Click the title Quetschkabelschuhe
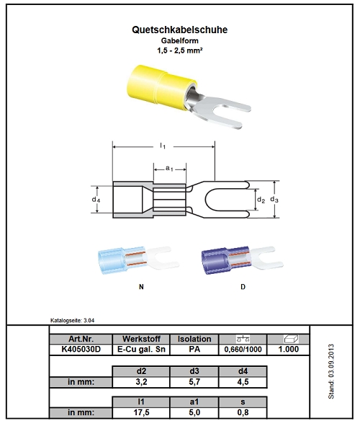click(179, 30)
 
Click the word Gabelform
click(179, 41)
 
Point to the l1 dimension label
click(163, 146)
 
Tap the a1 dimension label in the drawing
click(169, 169)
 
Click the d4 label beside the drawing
click(96, 200)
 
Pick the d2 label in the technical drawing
click(261, 200)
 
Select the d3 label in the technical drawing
click(274, 200)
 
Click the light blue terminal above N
click(138, 260)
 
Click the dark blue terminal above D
click(242, 260)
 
